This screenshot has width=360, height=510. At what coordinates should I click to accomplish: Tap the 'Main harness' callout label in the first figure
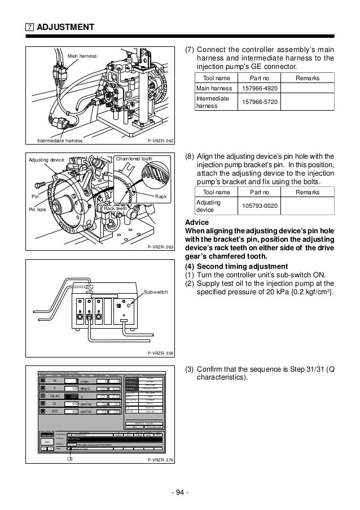pyautogui.click(x=82, y=56)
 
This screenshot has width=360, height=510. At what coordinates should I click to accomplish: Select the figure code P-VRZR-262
pyautogui.click(x=160, y=141)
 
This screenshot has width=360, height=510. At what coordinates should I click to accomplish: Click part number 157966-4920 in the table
pyautogui.click(x=259, y=88)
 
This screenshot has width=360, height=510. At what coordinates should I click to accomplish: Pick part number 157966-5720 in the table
pyautogui.click(x=259, y=102)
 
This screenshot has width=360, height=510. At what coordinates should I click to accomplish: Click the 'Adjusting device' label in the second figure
pyautogui.click(x=46, y=160)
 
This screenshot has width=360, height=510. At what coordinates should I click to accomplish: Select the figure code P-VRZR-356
pyautogui.click(x=160, y=353)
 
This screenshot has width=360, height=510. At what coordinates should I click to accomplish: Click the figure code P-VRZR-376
pyautogui.click(x=160, y=460)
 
